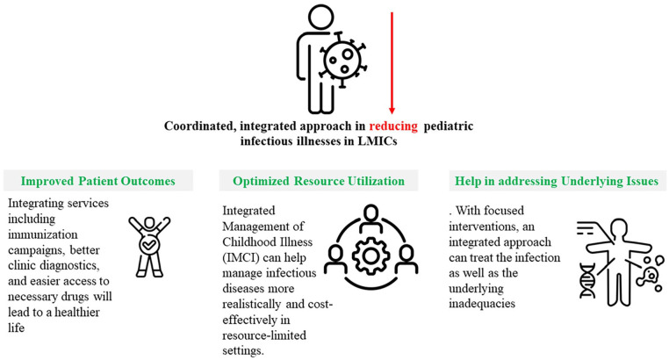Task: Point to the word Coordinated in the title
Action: click(x=203, y=126)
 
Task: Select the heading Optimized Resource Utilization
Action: click(x=319, y=181)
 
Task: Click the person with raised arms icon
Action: click(x=144, y=244)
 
